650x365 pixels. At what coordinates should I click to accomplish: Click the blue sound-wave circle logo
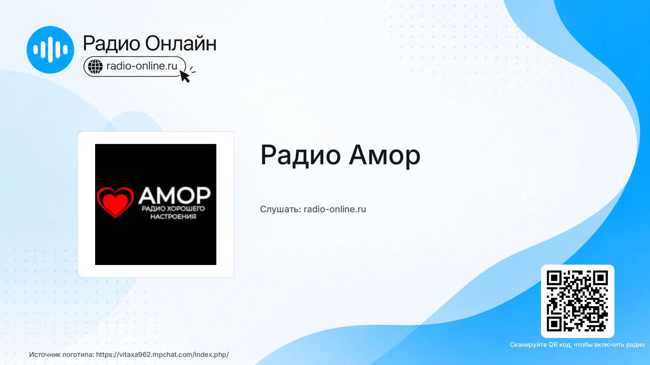[50, 50]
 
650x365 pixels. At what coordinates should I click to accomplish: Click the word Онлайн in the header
[181, 44]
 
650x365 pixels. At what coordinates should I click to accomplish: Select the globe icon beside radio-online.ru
[95, 66]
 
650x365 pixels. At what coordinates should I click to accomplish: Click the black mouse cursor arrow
[185, 76]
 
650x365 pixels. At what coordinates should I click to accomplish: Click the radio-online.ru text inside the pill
[142, 66]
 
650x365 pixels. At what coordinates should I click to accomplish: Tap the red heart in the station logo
[115, 202]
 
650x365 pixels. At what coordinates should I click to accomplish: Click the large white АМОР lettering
[174, 195]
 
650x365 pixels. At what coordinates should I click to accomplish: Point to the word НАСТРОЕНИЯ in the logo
[173, 217]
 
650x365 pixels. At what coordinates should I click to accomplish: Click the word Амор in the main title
[385, 155]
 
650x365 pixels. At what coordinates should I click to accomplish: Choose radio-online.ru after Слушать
[335, 209]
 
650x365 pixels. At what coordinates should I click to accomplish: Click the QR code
[578, 301]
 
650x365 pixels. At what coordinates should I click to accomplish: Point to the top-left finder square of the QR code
[554, 278]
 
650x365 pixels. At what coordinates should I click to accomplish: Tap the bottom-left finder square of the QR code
[554, 324]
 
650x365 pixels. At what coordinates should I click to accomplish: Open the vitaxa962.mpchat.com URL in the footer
[162, 355]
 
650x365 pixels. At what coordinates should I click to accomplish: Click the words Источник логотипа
[62, 355]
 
